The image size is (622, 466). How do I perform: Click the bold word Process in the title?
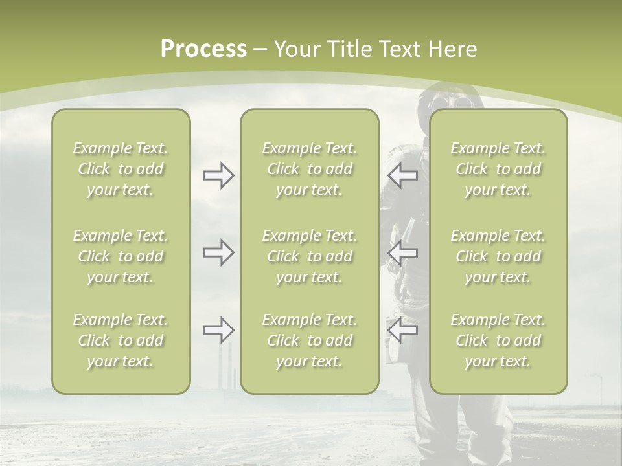click(203, 49)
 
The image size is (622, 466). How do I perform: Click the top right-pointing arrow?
click(218, 175)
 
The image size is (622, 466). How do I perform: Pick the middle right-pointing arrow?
click(218, 252)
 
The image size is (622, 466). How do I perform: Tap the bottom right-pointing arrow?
click(218, 330)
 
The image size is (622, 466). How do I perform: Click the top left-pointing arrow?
click(402, 175)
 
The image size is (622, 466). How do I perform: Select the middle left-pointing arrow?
click(402, 252)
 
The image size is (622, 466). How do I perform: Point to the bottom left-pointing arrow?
click(402, 330)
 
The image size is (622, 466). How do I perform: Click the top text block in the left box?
click(121, 169)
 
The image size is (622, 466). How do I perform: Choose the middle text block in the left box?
click(121, 256)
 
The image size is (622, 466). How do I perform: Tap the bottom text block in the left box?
click(121, 340)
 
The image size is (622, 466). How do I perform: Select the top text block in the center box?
click(309, 169)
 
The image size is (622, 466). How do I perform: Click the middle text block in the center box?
click(309, 256)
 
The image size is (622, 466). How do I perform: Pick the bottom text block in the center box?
click(309, 340)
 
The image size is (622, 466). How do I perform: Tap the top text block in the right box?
click(498, 169)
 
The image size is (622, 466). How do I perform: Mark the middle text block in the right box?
click(498, 256)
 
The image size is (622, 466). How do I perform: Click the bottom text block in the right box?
click(498, 340)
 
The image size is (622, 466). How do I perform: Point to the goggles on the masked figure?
click(443, 102)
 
